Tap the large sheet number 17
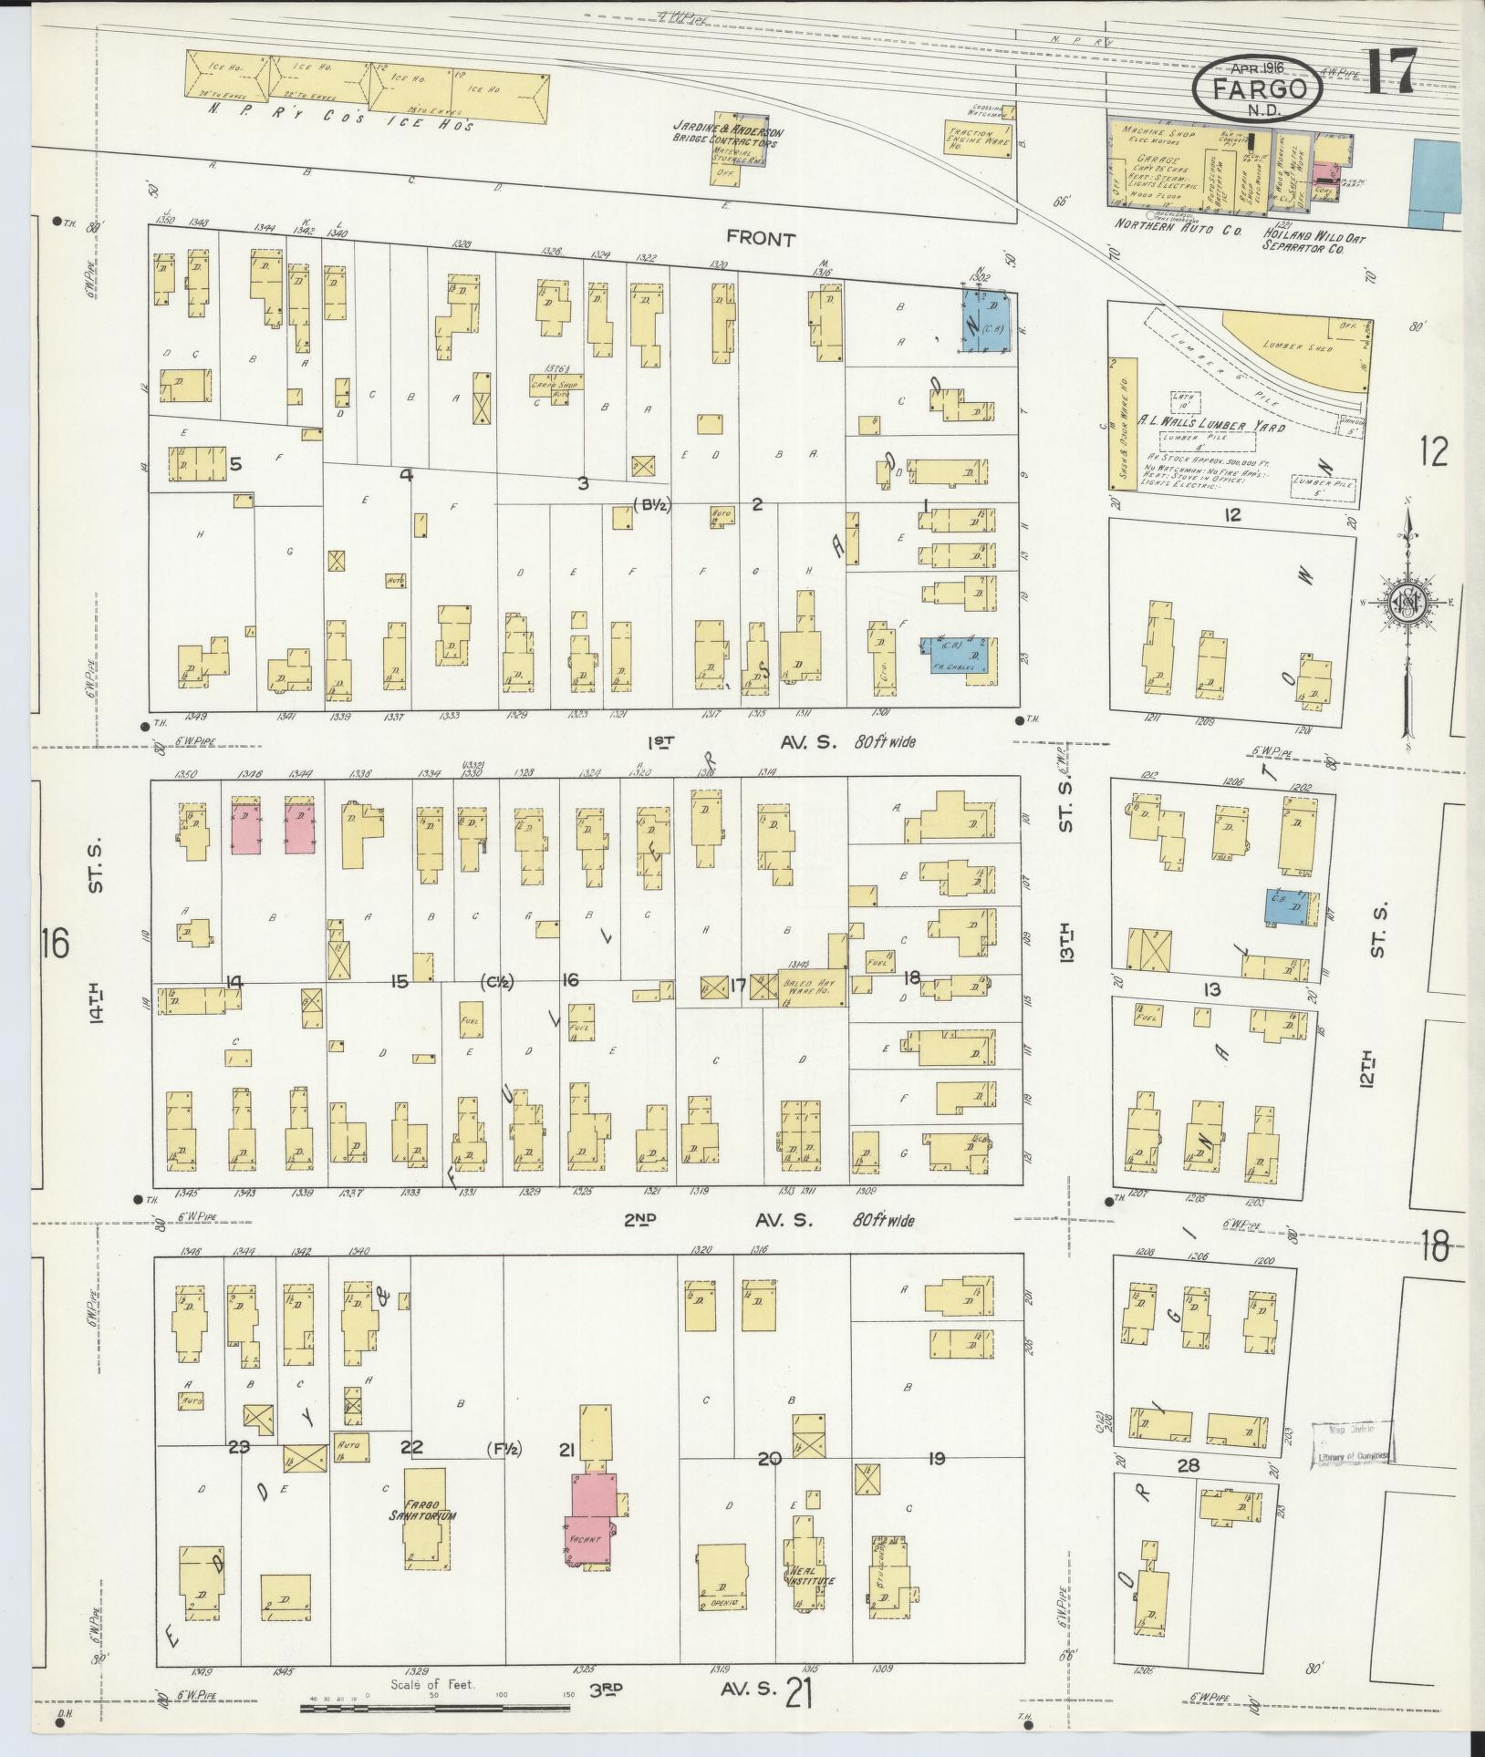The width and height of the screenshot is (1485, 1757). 1393,70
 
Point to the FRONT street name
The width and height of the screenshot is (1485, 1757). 761,239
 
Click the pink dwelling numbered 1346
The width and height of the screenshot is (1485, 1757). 246,827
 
